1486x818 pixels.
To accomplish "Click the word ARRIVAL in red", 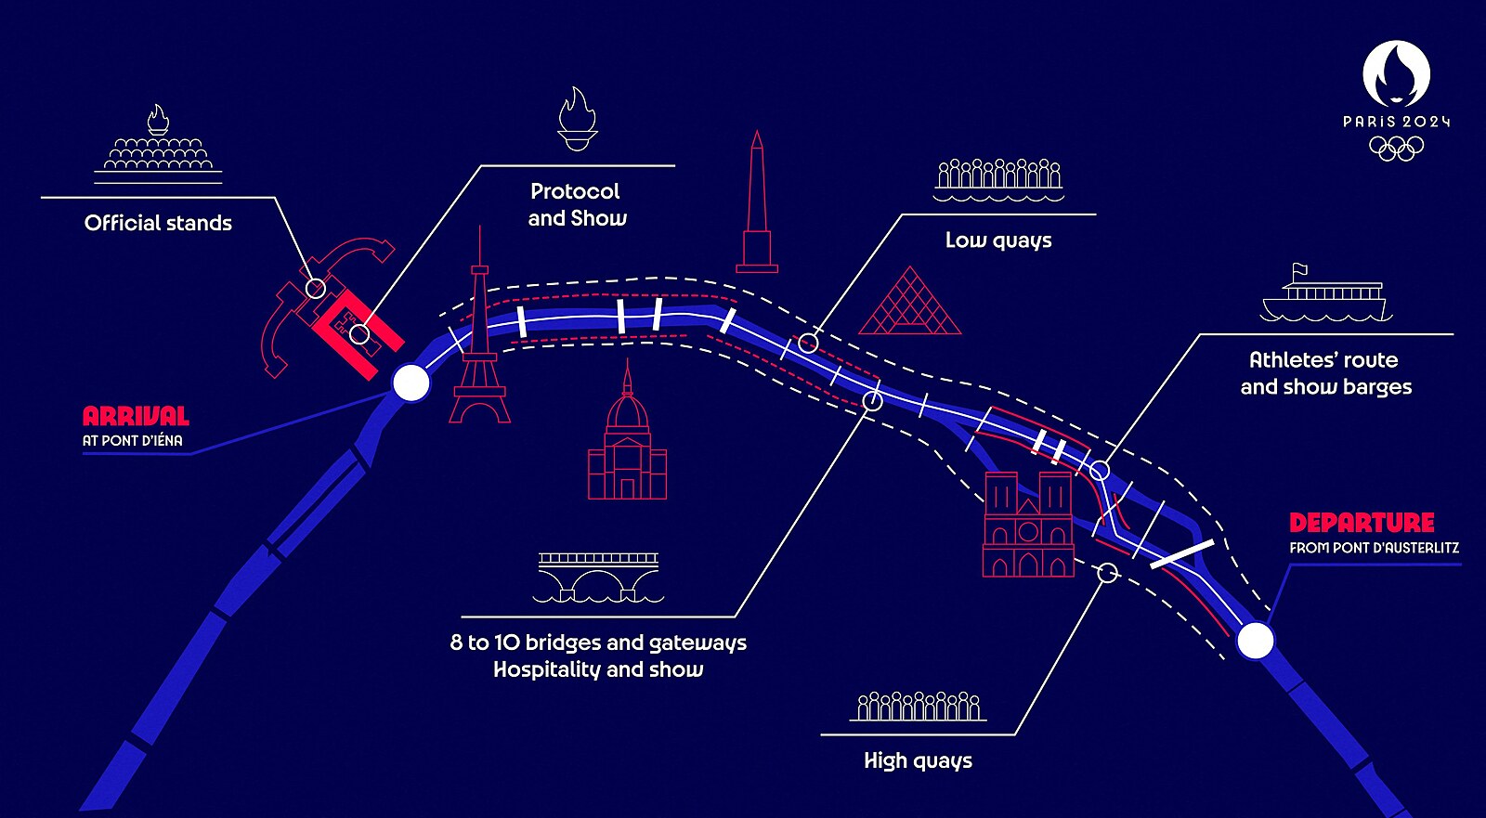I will [x=136, y=416].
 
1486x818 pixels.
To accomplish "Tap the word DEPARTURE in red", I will [x=1362, y=523].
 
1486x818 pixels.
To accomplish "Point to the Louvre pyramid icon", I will [x=909, y=303].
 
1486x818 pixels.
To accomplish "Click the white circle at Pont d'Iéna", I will [x=411, y=382].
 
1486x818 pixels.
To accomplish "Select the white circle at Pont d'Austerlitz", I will [x=1255, y=641].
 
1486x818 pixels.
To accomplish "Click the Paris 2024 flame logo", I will [x=1396, y=74].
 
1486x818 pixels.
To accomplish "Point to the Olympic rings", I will [x=1396, y=149].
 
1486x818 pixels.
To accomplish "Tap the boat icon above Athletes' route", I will [x=1325, y=295].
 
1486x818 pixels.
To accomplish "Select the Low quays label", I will [x=998, y=240].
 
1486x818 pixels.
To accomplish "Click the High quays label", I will [x=918, y=760].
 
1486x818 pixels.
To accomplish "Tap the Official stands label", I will [x=158, y=223].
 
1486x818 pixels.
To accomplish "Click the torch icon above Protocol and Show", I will [x=577, y=119].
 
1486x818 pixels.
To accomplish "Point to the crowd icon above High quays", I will [x=918, y=707].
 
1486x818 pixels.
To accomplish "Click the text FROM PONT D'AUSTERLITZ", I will [x=1374, y=549].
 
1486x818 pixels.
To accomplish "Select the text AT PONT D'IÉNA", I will [x=133, y=441].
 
